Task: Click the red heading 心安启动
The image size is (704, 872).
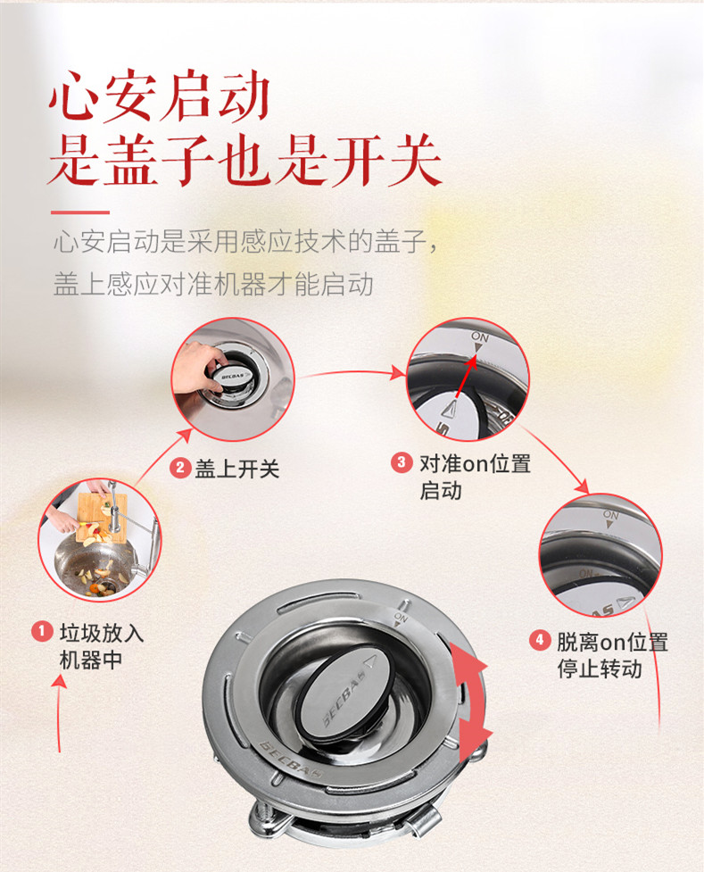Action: click(160, 96)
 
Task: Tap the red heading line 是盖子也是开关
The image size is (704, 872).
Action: click(244, 161)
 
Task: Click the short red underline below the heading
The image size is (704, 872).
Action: click(80, 212)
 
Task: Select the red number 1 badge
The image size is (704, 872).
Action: click(42, 632)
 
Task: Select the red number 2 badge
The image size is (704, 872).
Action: click(180, 467)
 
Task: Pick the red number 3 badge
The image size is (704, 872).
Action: click(402, 462)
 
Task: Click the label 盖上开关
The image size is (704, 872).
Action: click(237, 469)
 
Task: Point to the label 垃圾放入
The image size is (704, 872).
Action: click(102, 633)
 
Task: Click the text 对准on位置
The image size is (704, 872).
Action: click(475, 463)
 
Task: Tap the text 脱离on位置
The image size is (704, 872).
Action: click(612, 642)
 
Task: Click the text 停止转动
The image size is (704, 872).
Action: click(600, 669)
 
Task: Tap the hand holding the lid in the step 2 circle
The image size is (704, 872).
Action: click(197, 367)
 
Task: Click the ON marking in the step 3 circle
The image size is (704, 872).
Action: click(480, 336)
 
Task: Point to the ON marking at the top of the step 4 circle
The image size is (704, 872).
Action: click(610, 515)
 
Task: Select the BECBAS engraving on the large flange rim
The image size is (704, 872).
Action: click(292, 760)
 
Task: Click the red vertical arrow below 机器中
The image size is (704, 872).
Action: click(58, 713)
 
